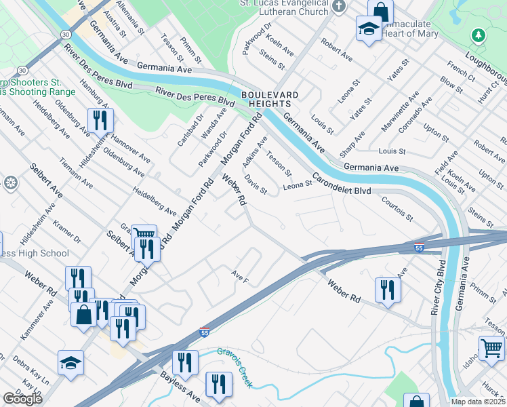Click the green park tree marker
pyautogui.click(x=479, y=35)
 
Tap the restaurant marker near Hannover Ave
pyautogui.click(x=100, y=121)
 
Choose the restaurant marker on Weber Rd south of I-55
pyautogui.click(x=388, y=289)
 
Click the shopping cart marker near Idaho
pyautogui.click(x=491, y=348)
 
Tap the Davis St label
pyautogui.click(x=256, y=183)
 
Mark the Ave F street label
pyautogui.click(x=240, y=277)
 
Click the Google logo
pyautogui.click(x=22, y=399)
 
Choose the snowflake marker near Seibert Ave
pyautogui.click(x=10, y=182)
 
